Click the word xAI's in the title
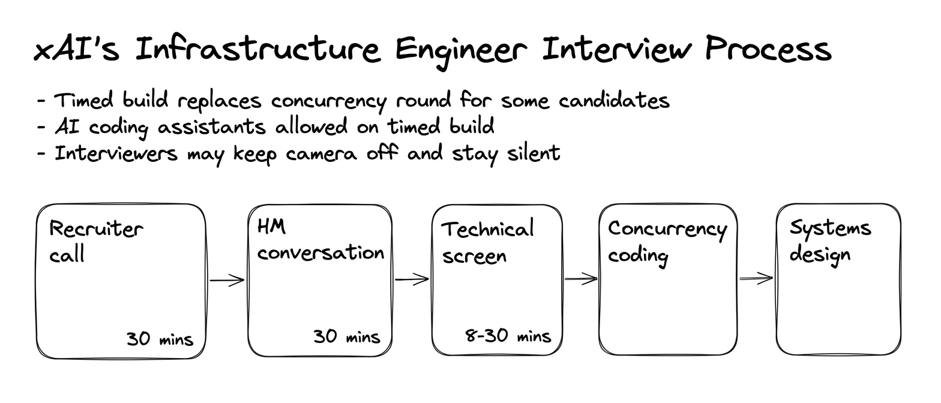pos(76,50)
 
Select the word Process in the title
pos(768,49)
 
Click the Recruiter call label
pos(96,241)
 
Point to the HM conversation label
pos(320,240)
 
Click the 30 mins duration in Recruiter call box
pos(160,339)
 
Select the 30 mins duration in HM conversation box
pos(347,336)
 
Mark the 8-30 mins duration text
pos(508,336)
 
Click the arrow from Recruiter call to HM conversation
pos(227,280)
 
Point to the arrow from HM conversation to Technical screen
pos(412,279)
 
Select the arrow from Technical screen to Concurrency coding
pos(581,278)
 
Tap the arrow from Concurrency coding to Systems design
pos(756,278)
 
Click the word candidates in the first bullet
pos(614,101)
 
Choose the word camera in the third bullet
pos(322,154)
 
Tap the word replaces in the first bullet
pos(219,102)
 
